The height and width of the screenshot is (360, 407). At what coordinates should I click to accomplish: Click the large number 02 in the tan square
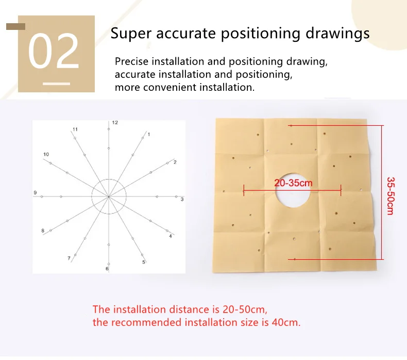coord(54,51)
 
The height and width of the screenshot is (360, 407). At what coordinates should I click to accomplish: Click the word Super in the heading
coord(131,34)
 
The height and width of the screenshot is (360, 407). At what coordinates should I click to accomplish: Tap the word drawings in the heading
coord(337,34)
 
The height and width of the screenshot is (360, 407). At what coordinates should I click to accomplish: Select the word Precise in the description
coord(131,61)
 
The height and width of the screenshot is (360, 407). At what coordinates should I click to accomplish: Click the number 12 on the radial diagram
coord(115,122)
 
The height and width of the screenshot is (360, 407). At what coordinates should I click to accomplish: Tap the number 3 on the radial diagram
coord(182,200)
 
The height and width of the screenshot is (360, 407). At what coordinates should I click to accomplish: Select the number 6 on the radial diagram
coord(107,269)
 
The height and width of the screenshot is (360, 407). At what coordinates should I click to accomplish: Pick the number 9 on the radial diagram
coord(36,192)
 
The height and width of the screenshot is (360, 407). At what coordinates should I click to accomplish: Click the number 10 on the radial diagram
coord(46,154)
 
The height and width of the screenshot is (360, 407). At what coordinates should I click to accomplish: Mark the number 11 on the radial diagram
coord(75,129)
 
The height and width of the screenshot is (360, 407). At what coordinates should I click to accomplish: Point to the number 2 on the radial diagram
coord(175,162)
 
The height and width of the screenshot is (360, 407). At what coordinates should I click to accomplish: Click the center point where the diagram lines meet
coord(109,197)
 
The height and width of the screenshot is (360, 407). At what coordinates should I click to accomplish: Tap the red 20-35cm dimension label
coord(293,183)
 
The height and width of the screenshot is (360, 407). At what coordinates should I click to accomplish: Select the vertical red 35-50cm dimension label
coord(391,196)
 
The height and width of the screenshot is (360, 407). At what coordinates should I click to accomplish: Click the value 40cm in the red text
coord(286,322)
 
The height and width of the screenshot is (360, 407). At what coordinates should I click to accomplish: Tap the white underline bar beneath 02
coord(56,84)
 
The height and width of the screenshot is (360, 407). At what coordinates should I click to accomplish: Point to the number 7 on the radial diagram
coord(69,258)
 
